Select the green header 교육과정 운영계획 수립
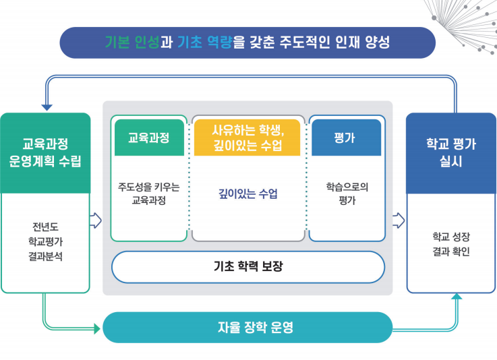45,153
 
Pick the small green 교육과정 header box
149,138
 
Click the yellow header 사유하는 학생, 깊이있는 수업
247,138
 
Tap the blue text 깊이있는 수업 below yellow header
247,194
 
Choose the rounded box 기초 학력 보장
247,266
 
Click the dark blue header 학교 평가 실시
450,153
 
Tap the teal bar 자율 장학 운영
247,328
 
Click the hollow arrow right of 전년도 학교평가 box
95,220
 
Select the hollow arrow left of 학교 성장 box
399,220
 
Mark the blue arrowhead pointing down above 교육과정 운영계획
46,107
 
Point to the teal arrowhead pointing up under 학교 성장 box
457,297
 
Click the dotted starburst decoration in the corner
465,20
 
